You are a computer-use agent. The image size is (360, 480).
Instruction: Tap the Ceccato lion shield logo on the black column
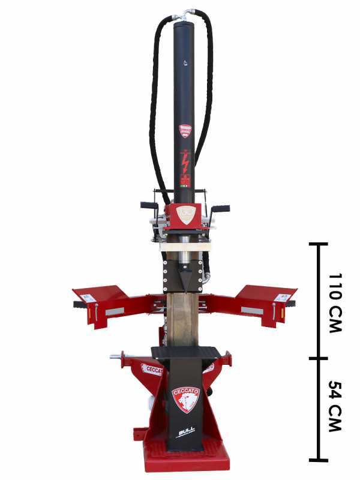(x=185, y=399)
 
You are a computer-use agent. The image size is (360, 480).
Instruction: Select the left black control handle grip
(x=149, y=205)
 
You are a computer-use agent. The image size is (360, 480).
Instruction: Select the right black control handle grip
(x=221, y=208)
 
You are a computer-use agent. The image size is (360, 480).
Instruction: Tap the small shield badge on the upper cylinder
(x=185, y=130)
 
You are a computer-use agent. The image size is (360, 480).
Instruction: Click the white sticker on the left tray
(x=88, y=298)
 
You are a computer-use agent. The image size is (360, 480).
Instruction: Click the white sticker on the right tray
(x=282, y=297)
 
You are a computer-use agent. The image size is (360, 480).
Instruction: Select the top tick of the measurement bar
(x=318, y=244)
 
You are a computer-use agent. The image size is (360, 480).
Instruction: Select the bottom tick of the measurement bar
(x=318, y=460)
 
